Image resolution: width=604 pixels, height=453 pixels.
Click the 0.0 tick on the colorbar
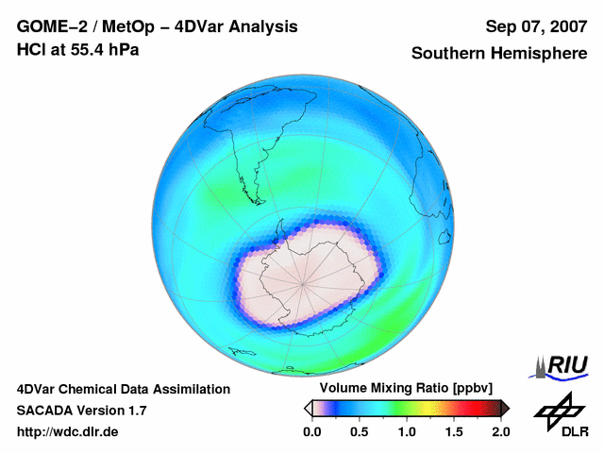pos(311,431)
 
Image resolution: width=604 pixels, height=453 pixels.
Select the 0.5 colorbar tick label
pos(359,431)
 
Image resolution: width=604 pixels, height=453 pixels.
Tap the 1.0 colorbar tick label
pos(407,431)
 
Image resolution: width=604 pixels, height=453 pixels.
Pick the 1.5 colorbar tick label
pos(454,431)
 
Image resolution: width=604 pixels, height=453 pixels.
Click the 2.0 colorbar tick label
pos(500,431)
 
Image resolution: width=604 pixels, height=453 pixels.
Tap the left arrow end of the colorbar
pos(308,408)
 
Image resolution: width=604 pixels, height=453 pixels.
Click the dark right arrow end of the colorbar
pos(505,408)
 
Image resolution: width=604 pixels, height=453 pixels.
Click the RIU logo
pos(562,366)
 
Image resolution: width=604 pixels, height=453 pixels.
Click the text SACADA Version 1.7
pos(81,411)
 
